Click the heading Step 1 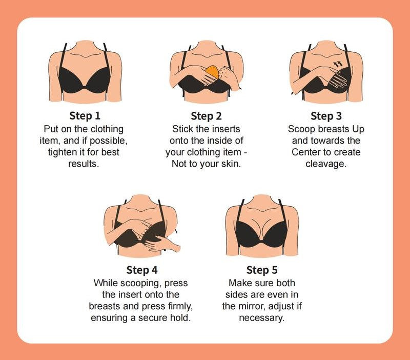click(x=85, y=116)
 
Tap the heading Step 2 click(x=206, y=116)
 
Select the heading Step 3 click(x=326, y=116)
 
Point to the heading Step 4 click(x=142, y=270)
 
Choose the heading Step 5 click(x=262, y=270)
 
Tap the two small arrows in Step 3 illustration click(x=338, y=64)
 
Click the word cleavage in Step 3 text click(x=325, y=164)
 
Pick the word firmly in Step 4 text click(x=180, y=306)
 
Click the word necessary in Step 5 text click(x=261, y=318)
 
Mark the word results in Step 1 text click(x=84, y=164)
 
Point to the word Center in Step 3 click(x=305, y=152)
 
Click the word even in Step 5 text click(x=271, y=295)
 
